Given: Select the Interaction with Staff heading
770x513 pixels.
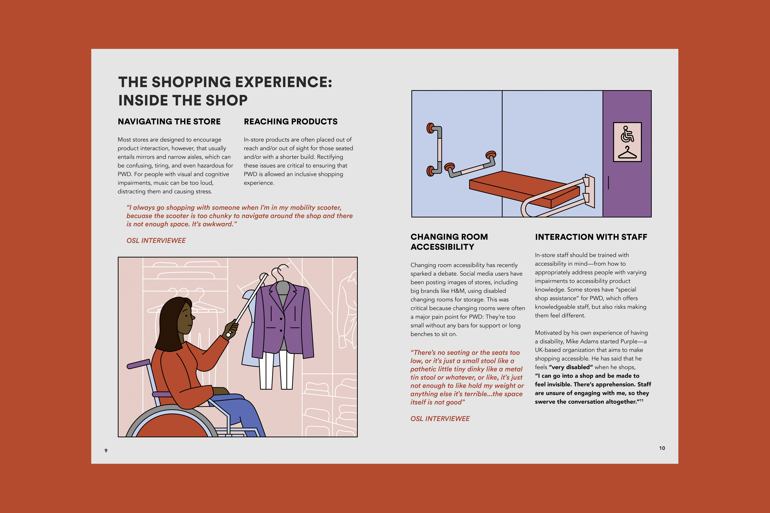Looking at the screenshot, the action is pyautogui.click(x=591, y=237).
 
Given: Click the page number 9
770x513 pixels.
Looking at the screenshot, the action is pyautogui.click(x=106, y=450).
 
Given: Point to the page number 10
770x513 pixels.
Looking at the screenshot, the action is pyautogui.click(x=662, y=448).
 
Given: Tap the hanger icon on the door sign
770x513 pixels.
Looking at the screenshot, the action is pyautogui.click(x=627, y=153).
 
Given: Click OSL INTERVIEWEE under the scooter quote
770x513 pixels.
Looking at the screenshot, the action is pyautogui.click(x=156, y=240).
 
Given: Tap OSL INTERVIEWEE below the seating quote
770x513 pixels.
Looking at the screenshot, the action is pyautogui.click(x=440, y=419).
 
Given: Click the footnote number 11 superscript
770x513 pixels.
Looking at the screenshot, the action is pyautogui.click(x=641, y=400).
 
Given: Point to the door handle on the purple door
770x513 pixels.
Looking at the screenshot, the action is pyautogui.click(x=608, y=183).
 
